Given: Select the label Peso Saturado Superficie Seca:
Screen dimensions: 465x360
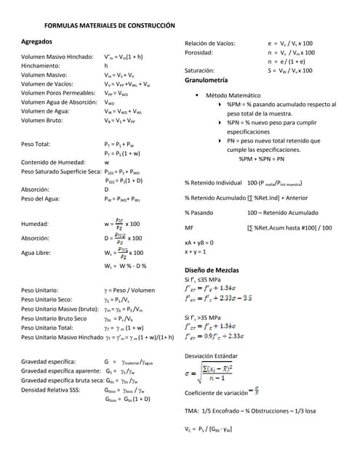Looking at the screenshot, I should pyautogui.click(x=62, y=171).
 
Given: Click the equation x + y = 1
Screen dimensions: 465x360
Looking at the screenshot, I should pyautogui.click(x=195, y=251).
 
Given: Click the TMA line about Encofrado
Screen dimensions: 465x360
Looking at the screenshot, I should pyautogui.click(x=250, y=411).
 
